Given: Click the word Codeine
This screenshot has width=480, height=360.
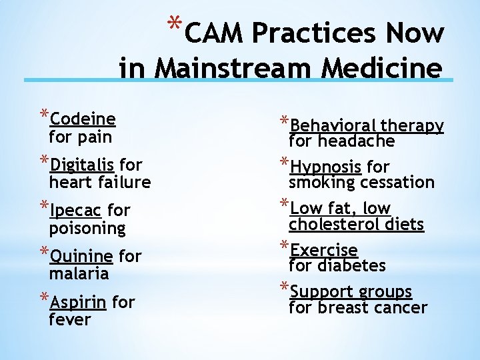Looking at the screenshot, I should [x=83, y=119].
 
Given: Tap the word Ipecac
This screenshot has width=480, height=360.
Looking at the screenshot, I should [x=75, y=211].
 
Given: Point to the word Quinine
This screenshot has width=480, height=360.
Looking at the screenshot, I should [x=81, y=256].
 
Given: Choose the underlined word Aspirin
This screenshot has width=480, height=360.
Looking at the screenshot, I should [x=78, y=302].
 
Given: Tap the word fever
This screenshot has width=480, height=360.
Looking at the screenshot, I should [x=69, y=319].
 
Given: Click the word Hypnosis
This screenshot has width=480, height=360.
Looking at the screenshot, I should [x=326, y=167].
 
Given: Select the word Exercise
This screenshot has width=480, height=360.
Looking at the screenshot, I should [x=324, y=250].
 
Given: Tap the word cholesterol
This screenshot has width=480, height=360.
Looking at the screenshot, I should [x=337, y=224].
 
